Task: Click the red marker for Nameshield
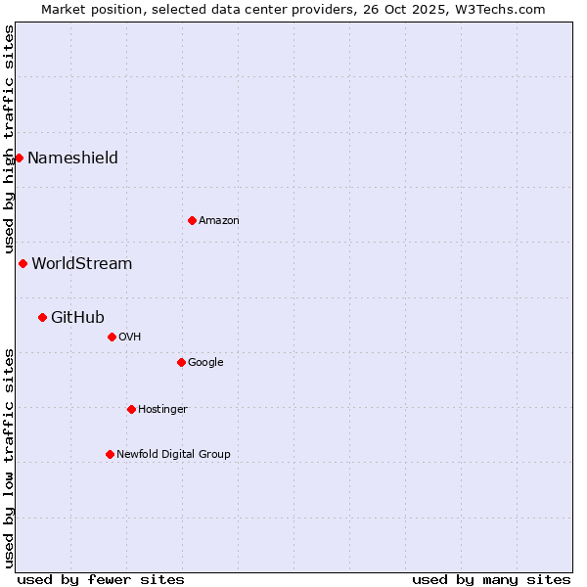click(x=19, y=158)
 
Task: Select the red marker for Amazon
click(x=192, y=220)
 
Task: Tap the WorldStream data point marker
click(x=23, y=263)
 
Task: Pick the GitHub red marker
click(x=42, y=317)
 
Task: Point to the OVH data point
click(x=112, y=337)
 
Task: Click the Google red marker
click(x=181, y=362)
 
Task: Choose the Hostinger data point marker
click(x=131, y=409)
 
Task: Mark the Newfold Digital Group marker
click(x=110, y=454)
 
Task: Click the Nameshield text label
click(x=72, y=158)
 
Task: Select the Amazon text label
click(x=219, y=221)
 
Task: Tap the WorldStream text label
click(x=82, y=264)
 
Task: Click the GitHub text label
click(x=77, y=318)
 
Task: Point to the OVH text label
click(x=130, y=338)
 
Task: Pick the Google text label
click(x=205, y=363)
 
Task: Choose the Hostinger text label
click(x=162, y=410)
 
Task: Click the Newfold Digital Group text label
click(x=173, y=455)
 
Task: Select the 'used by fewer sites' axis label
click(x=101, y=579)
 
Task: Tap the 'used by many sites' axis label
click(x=491, y=579)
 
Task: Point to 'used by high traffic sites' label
click(x=9, y=139)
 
